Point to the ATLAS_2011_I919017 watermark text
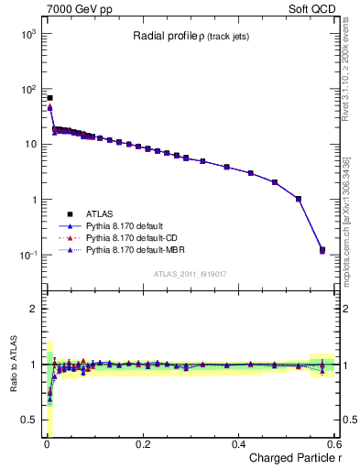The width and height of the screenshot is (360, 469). (190, 274)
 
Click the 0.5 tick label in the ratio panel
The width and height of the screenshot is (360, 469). (29, 420)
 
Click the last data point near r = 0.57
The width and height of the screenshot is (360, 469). (322, 249)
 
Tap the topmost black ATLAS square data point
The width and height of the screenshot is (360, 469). (49, 97)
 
